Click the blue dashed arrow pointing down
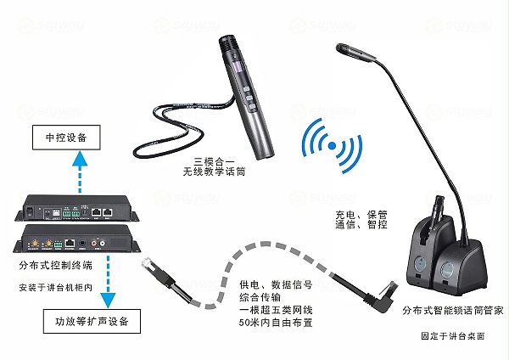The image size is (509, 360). [x=108, y=280]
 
